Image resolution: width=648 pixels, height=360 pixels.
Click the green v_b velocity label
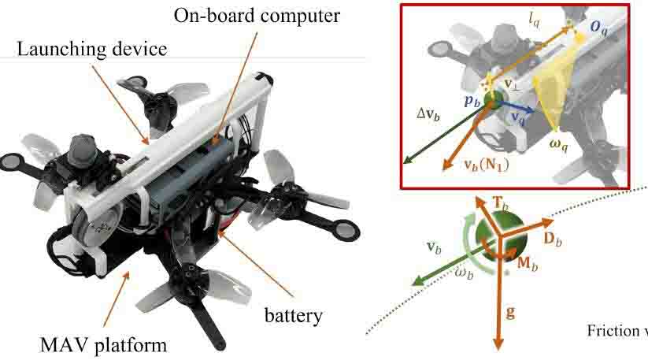pyautogui.click(x=434, y=245)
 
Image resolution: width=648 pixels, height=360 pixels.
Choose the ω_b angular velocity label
pyautogui.click(x=465, y=272)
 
